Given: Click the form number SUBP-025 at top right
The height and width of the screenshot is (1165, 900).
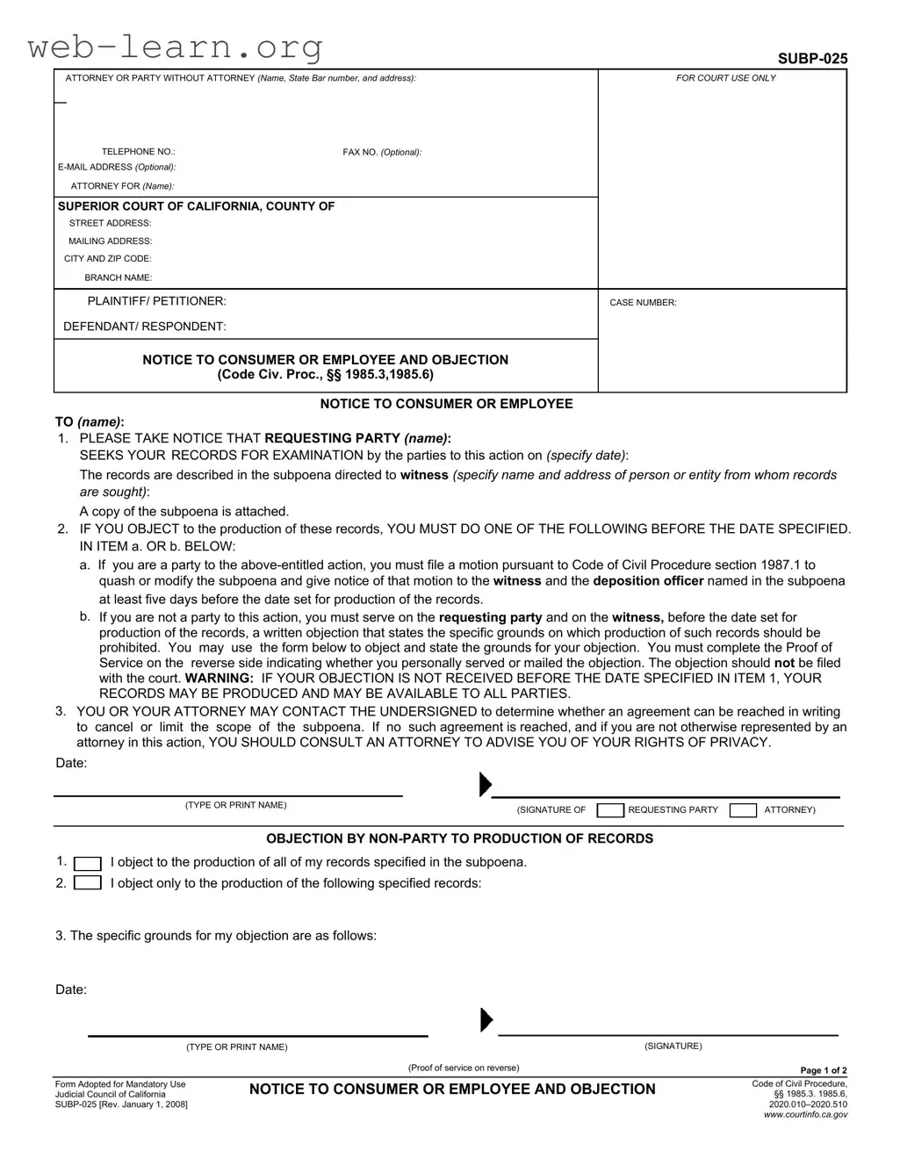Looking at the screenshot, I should pos(812,59).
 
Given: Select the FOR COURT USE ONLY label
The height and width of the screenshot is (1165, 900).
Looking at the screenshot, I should pos(725,78).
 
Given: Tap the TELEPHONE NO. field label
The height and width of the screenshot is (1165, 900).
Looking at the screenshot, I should pos(138,152).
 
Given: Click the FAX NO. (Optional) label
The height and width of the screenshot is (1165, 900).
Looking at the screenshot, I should pos(382,152).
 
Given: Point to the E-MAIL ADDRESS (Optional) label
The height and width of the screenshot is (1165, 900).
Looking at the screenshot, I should pos(117,167).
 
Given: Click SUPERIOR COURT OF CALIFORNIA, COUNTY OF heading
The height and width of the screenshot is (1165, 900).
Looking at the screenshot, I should pos(196,206).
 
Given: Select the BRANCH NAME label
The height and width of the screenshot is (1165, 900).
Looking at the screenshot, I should pos(118,277).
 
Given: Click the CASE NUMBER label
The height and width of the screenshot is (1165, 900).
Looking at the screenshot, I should pos(643,303).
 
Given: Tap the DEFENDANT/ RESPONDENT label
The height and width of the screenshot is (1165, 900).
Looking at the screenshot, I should pos(144,327).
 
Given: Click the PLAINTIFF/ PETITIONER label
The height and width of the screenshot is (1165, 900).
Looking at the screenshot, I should pos(156,301).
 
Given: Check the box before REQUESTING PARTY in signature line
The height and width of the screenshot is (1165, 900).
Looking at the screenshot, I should pos(610,810).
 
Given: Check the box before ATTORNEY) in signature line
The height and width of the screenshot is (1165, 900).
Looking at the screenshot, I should pos(743,810).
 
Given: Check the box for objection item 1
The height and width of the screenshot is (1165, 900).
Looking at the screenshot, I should pos(87,863).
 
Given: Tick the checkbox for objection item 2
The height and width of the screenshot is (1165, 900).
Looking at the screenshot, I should pos(87,883).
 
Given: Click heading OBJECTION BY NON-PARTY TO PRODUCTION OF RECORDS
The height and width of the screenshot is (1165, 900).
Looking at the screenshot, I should pos(459,838).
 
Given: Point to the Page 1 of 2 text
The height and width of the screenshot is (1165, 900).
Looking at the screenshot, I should pos(823,1070).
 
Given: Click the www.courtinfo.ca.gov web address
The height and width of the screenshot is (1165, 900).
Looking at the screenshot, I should pos(805,1115).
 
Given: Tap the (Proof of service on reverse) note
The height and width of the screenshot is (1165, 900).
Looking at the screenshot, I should pos(463,1068).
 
